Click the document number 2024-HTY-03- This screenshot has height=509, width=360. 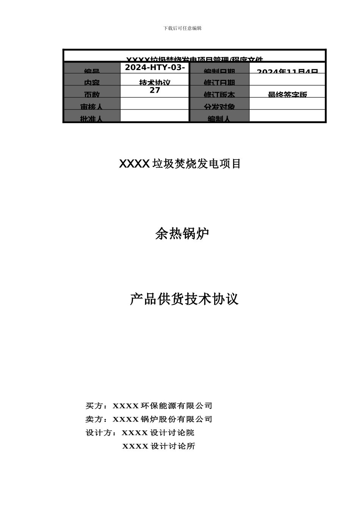click(155, 67)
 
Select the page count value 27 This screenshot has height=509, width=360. click(155, 91)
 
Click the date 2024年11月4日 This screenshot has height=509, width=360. click(287, 71)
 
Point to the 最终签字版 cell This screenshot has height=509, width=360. click(287, 94)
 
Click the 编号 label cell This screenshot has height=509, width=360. click(92, 70)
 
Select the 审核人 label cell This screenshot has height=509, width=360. click(91, 106)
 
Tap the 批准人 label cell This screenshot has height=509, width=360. click(91, 118)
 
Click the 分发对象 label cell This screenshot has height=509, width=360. click(219, 106)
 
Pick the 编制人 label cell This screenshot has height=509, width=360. click(219, 118)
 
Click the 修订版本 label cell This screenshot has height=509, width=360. click(219, 94)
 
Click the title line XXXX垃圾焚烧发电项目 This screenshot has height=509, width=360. click(180, 164)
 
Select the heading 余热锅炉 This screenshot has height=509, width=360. click(182, 234)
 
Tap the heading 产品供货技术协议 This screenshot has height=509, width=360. click(184, 299)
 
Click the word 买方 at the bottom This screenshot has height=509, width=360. click(94, 406)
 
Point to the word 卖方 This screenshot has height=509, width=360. click(94, 419)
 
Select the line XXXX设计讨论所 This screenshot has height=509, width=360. click(158, 446)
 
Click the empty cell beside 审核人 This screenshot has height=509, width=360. click(155, 104)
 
